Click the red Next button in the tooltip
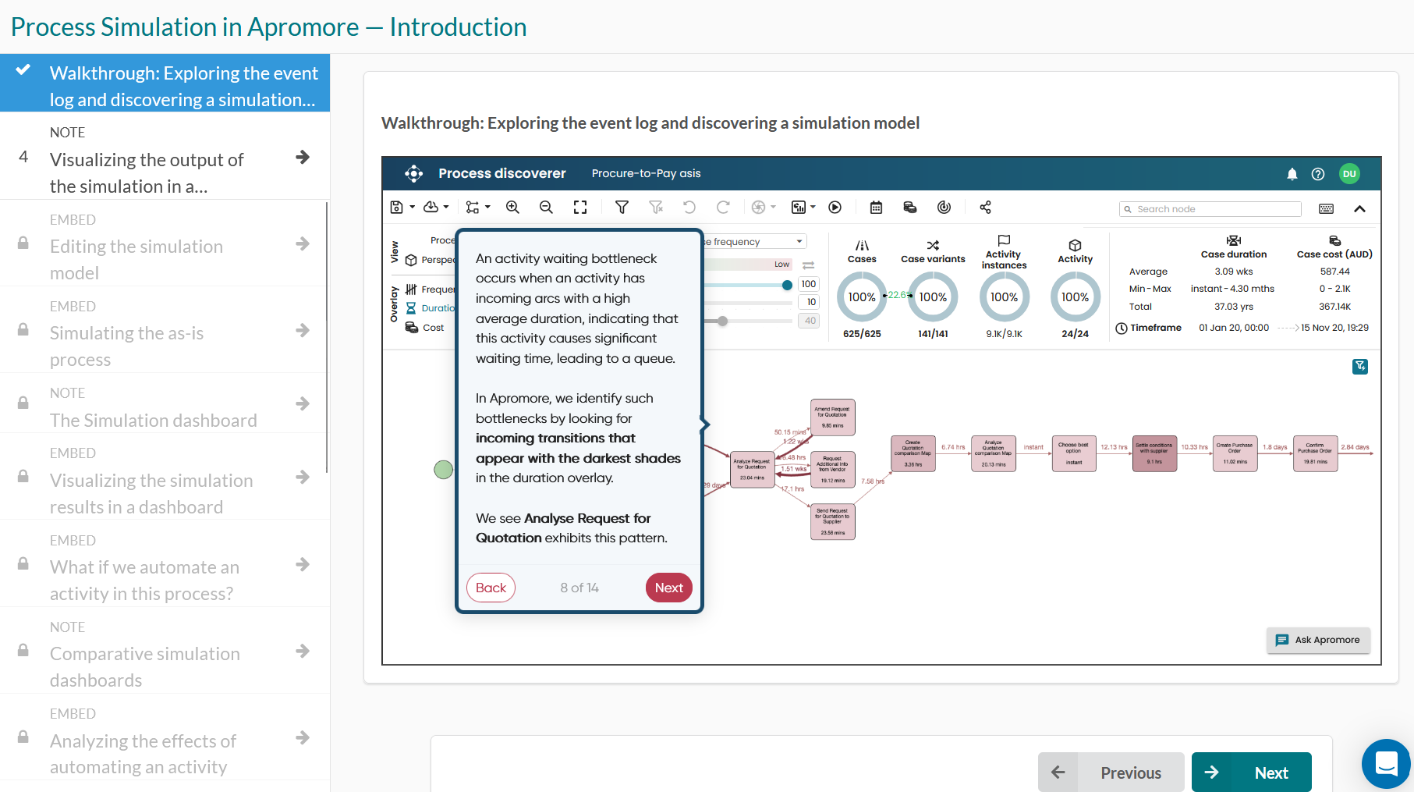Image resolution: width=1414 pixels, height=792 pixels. (668, 588)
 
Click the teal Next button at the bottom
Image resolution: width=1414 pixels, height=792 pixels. (1251, 772)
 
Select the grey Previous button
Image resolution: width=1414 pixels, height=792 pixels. (1111, 772)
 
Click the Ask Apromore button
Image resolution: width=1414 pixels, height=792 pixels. (1318, 640)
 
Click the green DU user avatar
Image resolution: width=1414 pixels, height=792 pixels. (1349, 174)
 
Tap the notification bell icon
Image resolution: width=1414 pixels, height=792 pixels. (1292, 174)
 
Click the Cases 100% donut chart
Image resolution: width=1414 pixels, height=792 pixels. (862, 297)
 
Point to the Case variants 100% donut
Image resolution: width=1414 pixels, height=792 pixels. (933, 297)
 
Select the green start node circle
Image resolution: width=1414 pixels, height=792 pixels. (443, 470)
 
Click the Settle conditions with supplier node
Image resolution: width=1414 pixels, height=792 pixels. (1154, 453)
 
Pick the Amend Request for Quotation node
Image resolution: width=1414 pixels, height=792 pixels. (832, 417)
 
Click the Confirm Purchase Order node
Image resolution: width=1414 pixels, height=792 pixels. (1315, 453)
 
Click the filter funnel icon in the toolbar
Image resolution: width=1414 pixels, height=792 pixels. (622, 208)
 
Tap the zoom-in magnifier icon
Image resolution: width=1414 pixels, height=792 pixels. (512, 208)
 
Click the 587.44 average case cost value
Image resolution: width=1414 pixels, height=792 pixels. (1334, 272)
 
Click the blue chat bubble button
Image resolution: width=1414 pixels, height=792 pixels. (1386, 764)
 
